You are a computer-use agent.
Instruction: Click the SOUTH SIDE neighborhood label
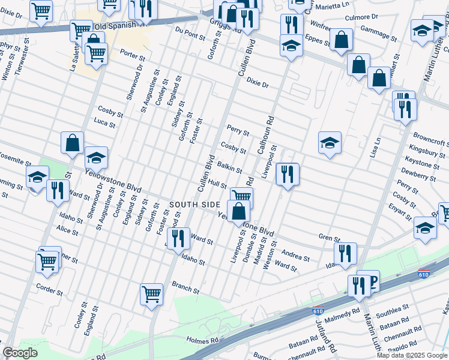tap(194, 205)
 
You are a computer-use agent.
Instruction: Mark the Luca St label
tap(104, 123)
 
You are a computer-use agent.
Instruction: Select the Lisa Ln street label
tap(377, 148)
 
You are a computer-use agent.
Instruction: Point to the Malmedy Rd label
tap(342, 312)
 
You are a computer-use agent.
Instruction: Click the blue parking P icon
tap(372, 280)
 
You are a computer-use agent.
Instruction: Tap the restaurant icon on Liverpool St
tap(288, 175)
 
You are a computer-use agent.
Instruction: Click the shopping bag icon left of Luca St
tap(72, 143)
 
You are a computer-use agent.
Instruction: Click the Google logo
tap(20, 353)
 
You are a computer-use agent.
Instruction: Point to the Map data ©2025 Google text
tap(412, 355)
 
